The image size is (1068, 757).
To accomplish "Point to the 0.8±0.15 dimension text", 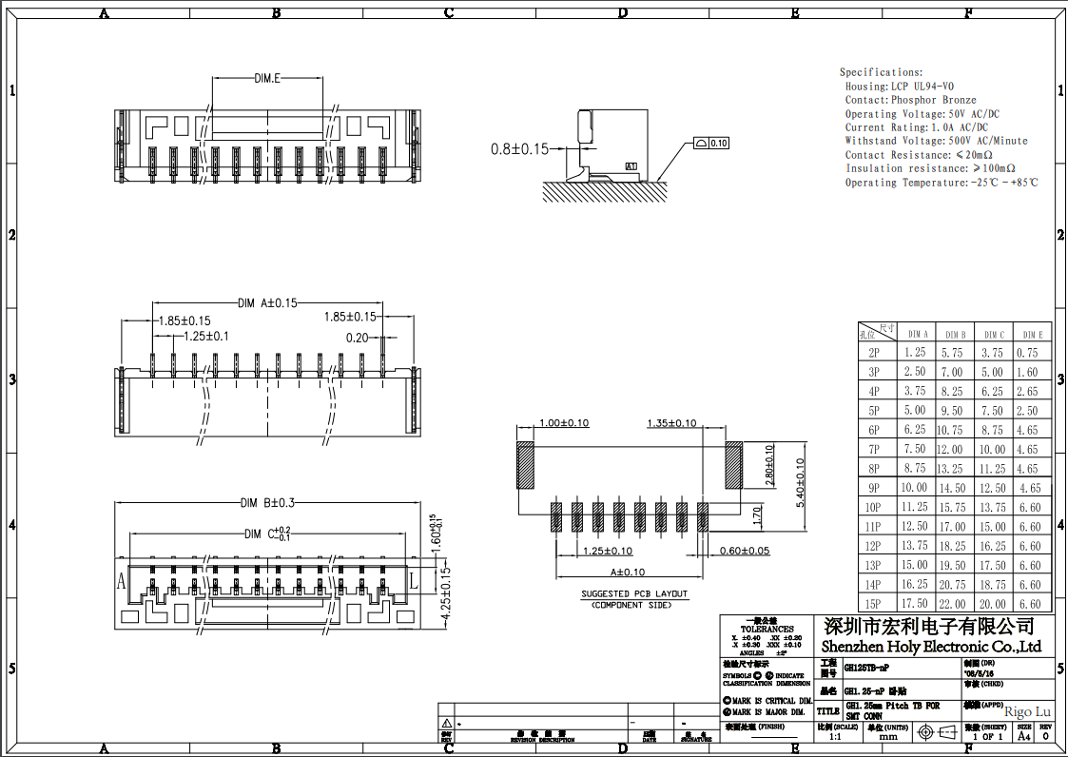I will tap(519, 148).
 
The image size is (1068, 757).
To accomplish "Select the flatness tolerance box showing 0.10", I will tap(712, 144).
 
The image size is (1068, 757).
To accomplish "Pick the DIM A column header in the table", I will tap(917, 335).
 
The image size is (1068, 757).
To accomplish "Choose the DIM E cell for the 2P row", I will tap(1032, 353).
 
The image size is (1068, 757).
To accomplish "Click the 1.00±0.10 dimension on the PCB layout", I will tap(564, 423).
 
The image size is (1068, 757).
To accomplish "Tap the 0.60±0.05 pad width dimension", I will tap(744, 551).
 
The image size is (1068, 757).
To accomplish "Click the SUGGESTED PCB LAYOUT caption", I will tap(633, 593).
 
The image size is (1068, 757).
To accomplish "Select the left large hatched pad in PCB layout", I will tap(526, 465).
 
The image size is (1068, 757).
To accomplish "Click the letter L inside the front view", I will tap(413, 578).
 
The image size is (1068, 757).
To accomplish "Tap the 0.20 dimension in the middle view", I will tap(357, 338).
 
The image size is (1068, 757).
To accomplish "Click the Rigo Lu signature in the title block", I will tap(1027, 711).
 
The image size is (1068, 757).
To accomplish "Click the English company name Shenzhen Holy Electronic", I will tap(931, 647).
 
